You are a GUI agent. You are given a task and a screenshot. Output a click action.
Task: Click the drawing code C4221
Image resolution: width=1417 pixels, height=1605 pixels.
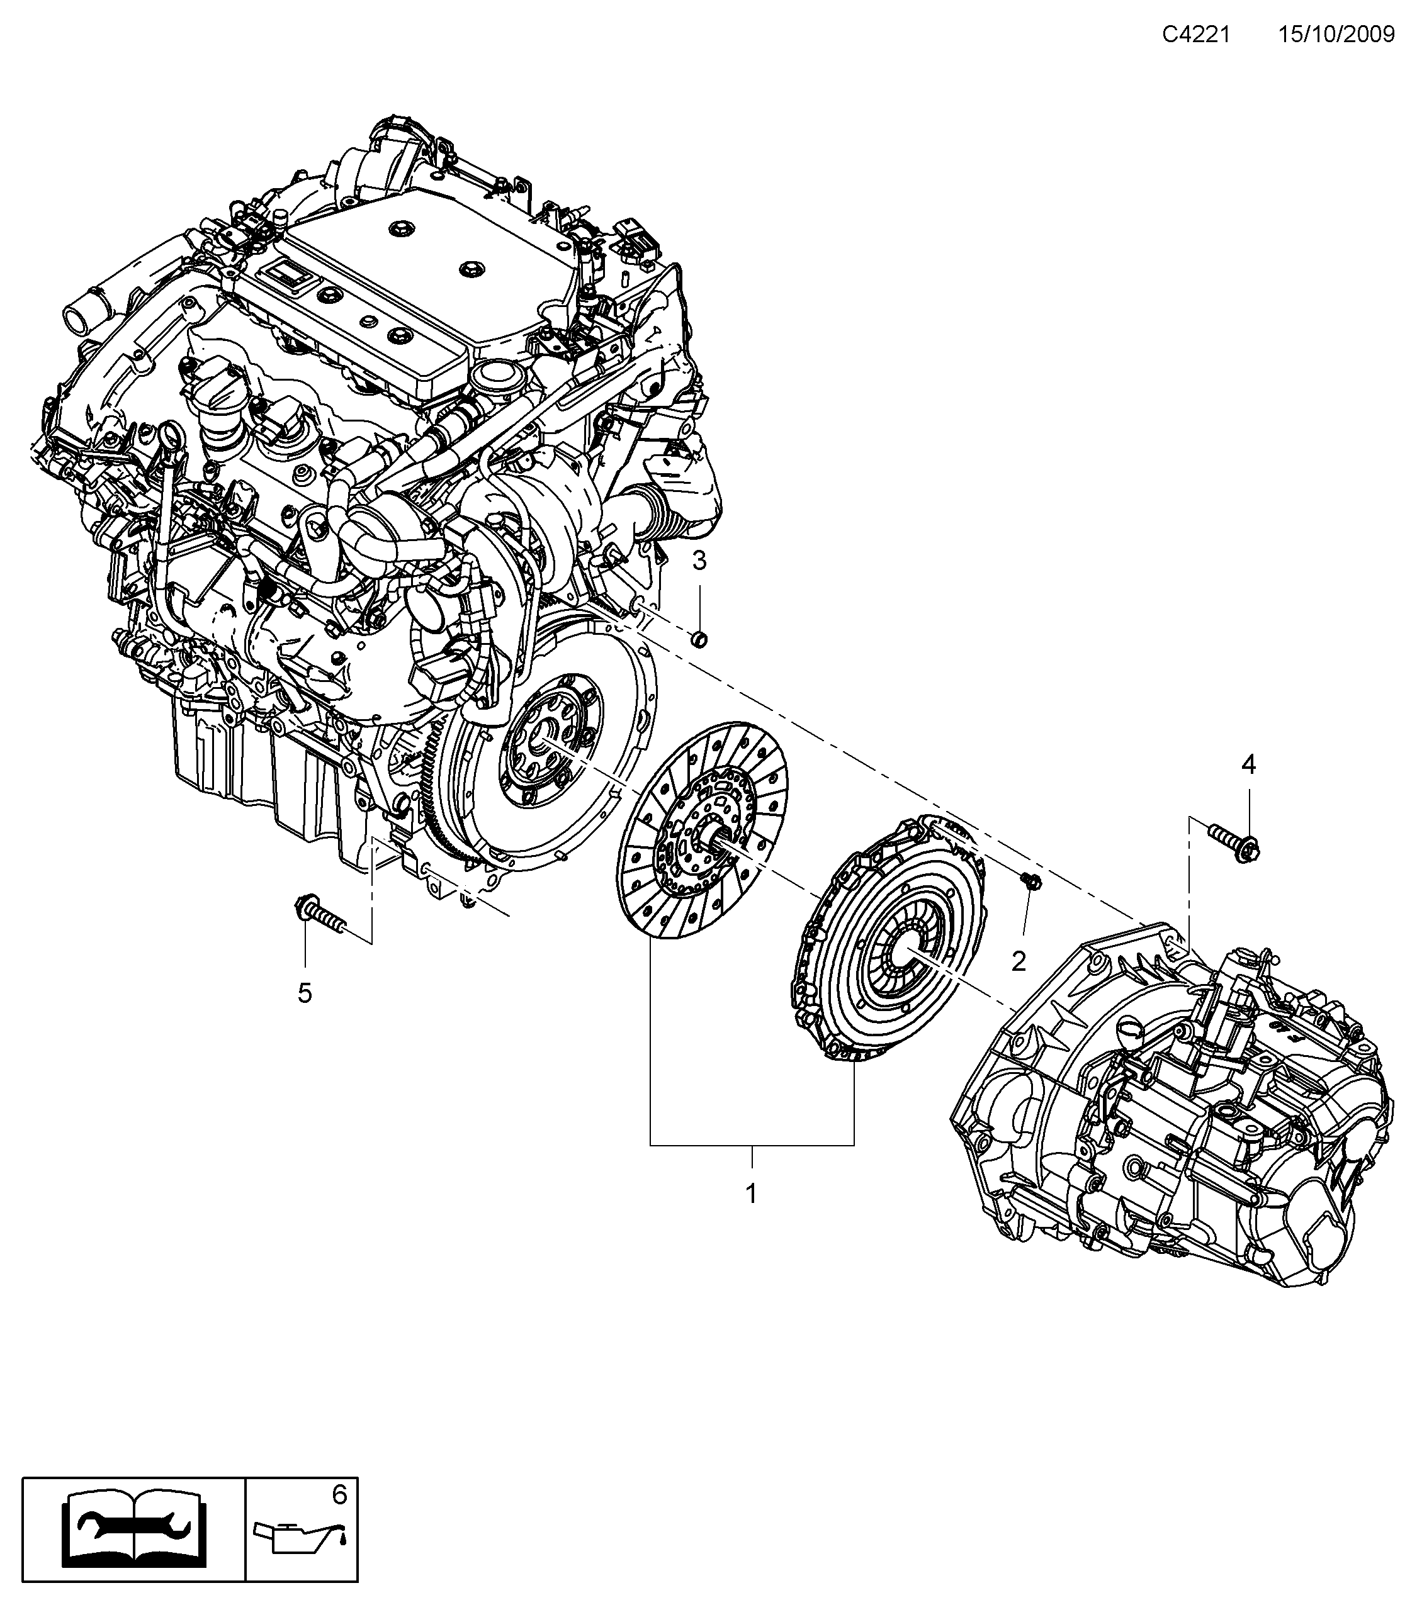click(1195, 35)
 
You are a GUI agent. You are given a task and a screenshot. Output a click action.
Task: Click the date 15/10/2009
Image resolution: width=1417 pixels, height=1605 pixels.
click(1335, 35)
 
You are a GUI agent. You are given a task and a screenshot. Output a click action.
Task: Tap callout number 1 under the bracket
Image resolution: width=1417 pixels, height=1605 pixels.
click(751, 1194)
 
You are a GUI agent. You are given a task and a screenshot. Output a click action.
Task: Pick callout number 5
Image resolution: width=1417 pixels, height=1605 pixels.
click(305, 993)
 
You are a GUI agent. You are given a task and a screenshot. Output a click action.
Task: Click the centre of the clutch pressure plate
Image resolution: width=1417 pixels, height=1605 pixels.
click(903, 950)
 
